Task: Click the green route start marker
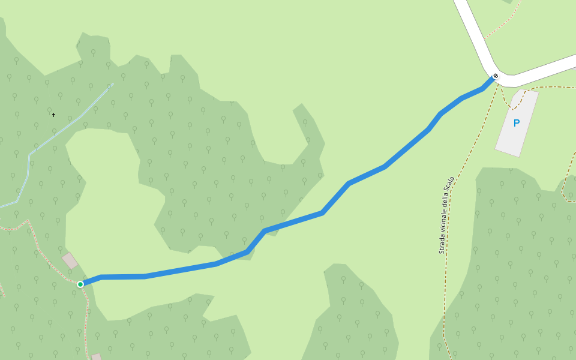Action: pos(80,284)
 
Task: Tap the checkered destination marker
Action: pos(496,76)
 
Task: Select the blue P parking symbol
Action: pos(516,124)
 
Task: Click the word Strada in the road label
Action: pos(442,243)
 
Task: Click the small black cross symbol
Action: pos(53,115)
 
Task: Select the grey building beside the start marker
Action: pos(70,260)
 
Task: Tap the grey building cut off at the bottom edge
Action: pos(97,356)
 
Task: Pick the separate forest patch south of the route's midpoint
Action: pos(354,318)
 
